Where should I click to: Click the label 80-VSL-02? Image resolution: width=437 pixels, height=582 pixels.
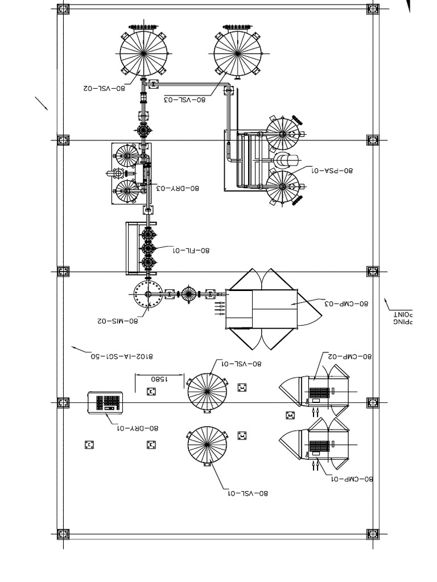(104, 88)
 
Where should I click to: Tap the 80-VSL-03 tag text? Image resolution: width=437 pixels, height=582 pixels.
(185, 99)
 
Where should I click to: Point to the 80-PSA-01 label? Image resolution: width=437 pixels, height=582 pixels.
(332, 170)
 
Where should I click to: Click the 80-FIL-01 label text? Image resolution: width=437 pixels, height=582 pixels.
(191, 250)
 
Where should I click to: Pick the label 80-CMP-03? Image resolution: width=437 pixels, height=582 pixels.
(347, 304)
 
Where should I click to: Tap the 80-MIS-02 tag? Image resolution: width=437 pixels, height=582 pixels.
(118, 321)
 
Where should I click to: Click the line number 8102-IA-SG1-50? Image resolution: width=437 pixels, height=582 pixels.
(122, 356)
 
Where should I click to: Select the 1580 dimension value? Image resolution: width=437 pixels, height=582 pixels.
(159, 378)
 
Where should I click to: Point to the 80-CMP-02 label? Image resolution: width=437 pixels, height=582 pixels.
(349, 356)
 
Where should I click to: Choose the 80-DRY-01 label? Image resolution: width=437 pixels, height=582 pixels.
(138, 428)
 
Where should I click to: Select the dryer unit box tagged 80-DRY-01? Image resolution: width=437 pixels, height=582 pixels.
(106, 402)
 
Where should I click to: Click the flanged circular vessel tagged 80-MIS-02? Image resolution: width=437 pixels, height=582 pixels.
(149, 294)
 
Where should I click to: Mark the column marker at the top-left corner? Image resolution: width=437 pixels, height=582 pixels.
(63, 9)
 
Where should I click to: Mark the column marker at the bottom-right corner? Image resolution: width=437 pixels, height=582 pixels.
(373, 534)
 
